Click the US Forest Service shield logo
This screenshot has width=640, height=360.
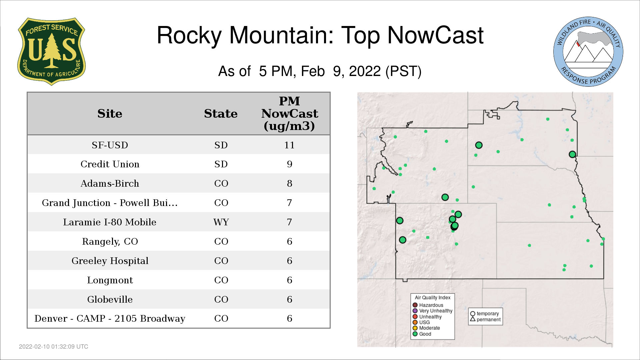coord(51,51)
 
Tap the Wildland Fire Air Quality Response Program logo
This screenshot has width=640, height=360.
coord(588,52)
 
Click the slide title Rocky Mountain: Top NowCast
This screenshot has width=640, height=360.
coord(320,35)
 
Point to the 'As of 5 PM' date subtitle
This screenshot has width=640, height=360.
coord(320,71)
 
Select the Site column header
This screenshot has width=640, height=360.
coord(110,114)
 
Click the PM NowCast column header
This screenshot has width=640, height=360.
coord(289,114)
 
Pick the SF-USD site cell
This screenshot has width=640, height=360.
coord(110,145)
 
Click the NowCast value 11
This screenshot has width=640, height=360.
coord(289,145)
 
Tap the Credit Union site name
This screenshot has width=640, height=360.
coord(110,164)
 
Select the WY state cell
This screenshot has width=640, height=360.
coord(221,222)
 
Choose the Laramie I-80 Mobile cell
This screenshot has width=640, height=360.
coord(110,222)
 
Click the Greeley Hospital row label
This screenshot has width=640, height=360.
coord(110,261)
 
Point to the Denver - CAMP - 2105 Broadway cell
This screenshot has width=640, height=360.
coord(110,319)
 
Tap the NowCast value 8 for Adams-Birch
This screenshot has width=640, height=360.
coord(289,183)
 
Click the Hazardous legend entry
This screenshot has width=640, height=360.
coord(428,305)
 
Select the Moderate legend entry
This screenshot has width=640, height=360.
coord(426,328)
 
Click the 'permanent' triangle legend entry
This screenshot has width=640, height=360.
coord(485,319)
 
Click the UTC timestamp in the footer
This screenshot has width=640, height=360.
coord(54,347)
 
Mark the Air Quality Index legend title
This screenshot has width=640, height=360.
coord(433,298)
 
